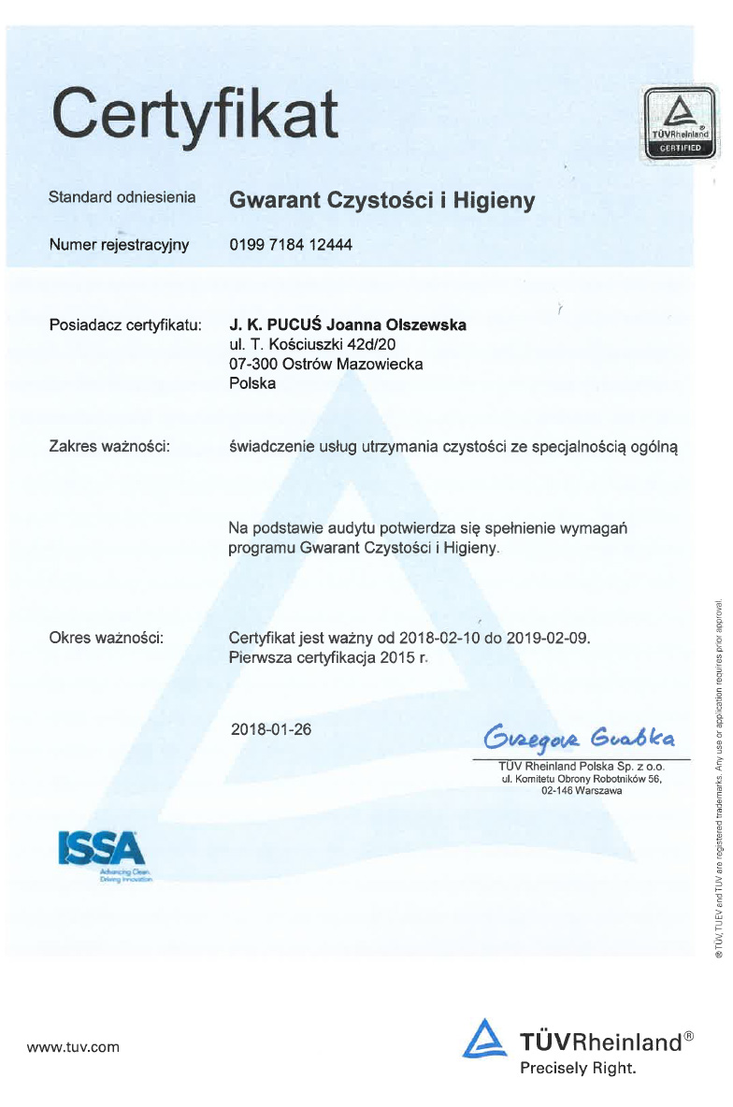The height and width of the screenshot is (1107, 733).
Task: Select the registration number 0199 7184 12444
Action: click(x=291, y=245)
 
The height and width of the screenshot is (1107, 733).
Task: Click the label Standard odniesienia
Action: click(x=122, y=197)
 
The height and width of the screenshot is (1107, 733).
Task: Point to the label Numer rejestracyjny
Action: click(x=119, y=245)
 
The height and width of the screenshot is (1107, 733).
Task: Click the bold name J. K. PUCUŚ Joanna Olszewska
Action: click(x=347, y=324)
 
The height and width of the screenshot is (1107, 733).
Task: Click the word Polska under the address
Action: click(x=252, y=383)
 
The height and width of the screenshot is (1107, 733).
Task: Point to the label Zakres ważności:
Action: click(x=108, y=447)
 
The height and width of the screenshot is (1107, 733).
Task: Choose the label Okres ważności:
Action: click(x=107, y=638)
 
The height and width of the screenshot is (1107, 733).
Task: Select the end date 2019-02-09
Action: click(x=547, y=638)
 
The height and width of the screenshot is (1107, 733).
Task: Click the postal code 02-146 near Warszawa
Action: click(x=559, y=791)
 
